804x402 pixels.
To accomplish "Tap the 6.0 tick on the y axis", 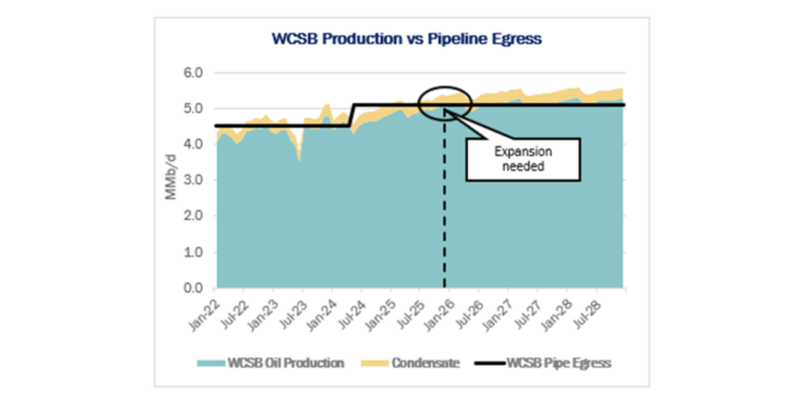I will pos(194,73).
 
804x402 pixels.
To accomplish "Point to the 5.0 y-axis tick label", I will pos(194,109).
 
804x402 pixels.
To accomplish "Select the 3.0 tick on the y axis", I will pos(194,181).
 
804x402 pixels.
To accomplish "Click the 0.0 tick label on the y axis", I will pos(194,289).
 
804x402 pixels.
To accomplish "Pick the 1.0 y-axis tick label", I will pos(194,253).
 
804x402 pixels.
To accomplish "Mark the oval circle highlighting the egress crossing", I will pos(444,100).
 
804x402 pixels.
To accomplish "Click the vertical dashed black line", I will pos(444,204).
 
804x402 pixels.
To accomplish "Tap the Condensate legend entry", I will pos(415,363).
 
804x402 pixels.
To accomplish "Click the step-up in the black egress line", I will pos(353,115).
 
